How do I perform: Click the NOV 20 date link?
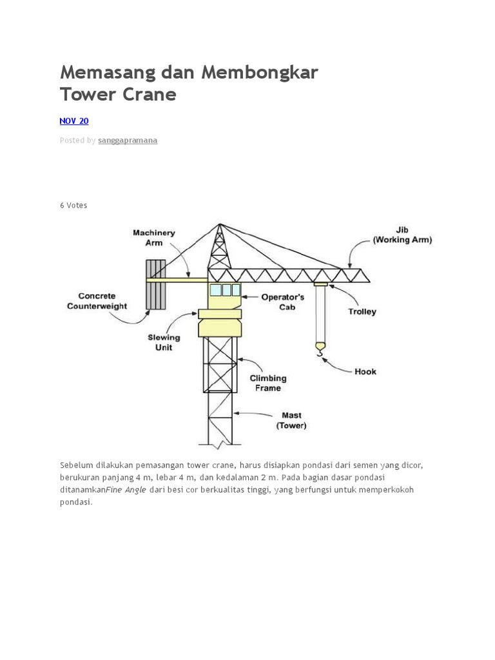click(73, 121)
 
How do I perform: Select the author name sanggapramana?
click(128, 140)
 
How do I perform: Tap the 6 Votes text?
click(73, 205)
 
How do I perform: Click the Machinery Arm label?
click(153, 237)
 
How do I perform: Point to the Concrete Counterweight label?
click(97, 301)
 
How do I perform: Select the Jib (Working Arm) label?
click(402, 234)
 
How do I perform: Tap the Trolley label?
click(362, 311)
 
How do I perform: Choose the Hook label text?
click(365, 371)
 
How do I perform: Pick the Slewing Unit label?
click(164, 342)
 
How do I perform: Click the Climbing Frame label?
click(268, 383)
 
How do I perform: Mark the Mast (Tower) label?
click(291, 420)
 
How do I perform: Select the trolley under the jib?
click(320, 284)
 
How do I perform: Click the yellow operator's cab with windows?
click(224, 296)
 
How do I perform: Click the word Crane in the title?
click(151, 94)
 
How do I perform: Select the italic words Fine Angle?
click(126, 490)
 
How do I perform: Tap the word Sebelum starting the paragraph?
click(76, 465)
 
